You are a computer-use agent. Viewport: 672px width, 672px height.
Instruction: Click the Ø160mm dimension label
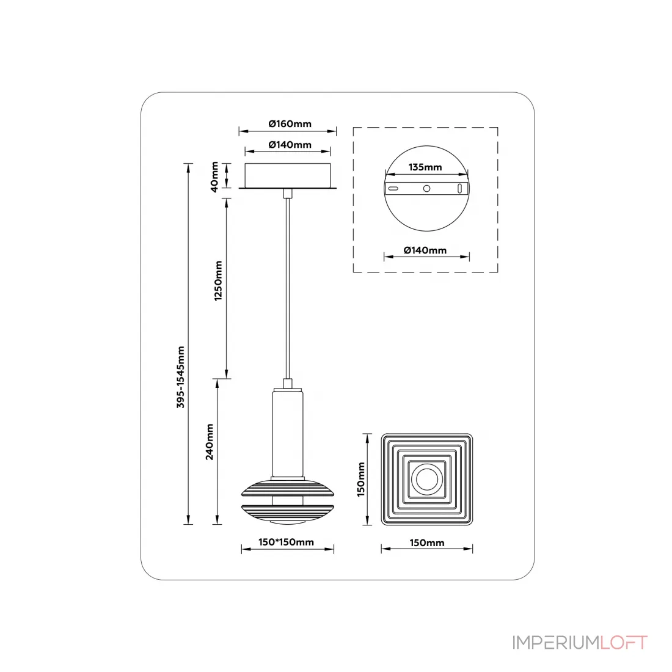click(290, 124)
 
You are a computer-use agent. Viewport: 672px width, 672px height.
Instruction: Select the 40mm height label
click(214, 177)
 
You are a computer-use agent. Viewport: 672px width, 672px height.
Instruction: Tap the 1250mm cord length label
click(218, 281)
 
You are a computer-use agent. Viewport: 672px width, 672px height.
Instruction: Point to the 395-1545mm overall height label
click(180, 377)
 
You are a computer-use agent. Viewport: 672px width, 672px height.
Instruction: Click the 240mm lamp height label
click(209, 442)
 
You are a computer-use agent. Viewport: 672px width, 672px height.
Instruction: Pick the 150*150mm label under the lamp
click(286, 542)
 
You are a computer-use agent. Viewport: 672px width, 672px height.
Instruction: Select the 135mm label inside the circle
click(425, 167)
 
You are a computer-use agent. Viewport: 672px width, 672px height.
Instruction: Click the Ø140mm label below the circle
click(425, 250)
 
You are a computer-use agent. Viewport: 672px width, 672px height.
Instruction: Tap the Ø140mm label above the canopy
click(290, 145)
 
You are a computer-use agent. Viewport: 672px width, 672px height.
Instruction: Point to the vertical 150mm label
click(361, 479)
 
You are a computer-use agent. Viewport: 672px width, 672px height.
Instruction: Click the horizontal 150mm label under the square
click(427, 543)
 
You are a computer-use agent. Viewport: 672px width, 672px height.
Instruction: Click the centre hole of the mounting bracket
click(427, 189)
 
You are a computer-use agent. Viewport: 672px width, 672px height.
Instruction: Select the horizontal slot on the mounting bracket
click(393, 189)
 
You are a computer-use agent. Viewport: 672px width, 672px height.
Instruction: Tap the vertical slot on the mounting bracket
click(460, 189)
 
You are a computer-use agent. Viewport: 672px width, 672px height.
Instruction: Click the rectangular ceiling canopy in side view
click(288, 175)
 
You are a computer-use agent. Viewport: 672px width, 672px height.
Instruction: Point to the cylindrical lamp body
click(288, 433)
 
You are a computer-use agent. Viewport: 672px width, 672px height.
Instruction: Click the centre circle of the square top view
click(427, 479)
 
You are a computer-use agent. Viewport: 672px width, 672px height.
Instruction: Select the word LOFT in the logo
click(624, 643)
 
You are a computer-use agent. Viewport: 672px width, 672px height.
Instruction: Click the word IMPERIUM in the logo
click(556, 643)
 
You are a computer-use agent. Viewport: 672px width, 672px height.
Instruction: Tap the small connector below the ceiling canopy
click(288, 193)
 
